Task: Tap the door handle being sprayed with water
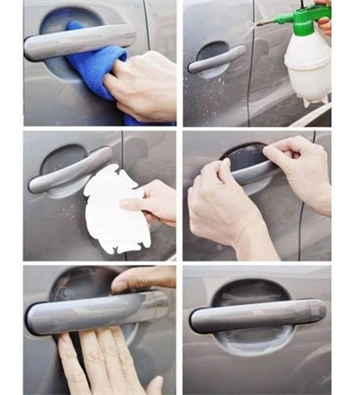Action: point(216,58)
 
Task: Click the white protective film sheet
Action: point(112,206)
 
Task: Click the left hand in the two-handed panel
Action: point(225,207)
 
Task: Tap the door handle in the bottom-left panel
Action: point(90,310)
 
